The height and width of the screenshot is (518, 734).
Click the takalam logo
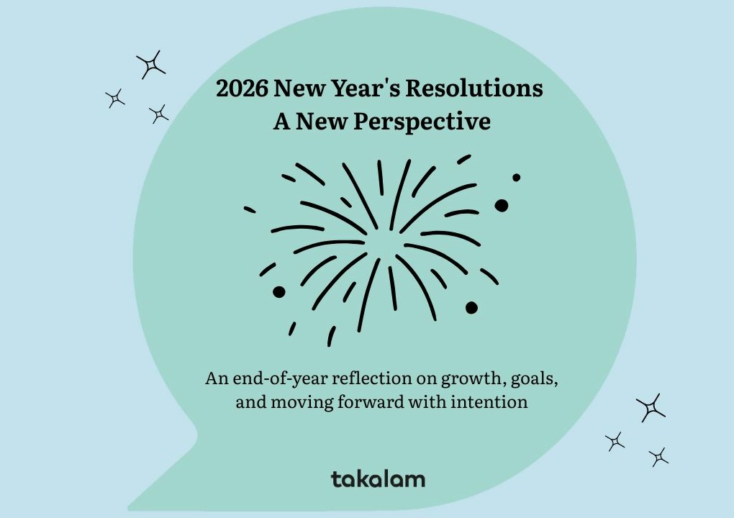tap(378, 479)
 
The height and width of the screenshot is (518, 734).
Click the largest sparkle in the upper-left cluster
tap(151, 65)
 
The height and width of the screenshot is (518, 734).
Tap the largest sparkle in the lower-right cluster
tap(651, 408)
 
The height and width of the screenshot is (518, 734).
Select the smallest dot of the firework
tap(516, 177)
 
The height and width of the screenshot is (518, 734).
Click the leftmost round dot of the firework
tap(279, 291)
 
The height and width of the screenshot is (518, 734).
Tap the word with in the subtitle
tap(432, 402)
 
